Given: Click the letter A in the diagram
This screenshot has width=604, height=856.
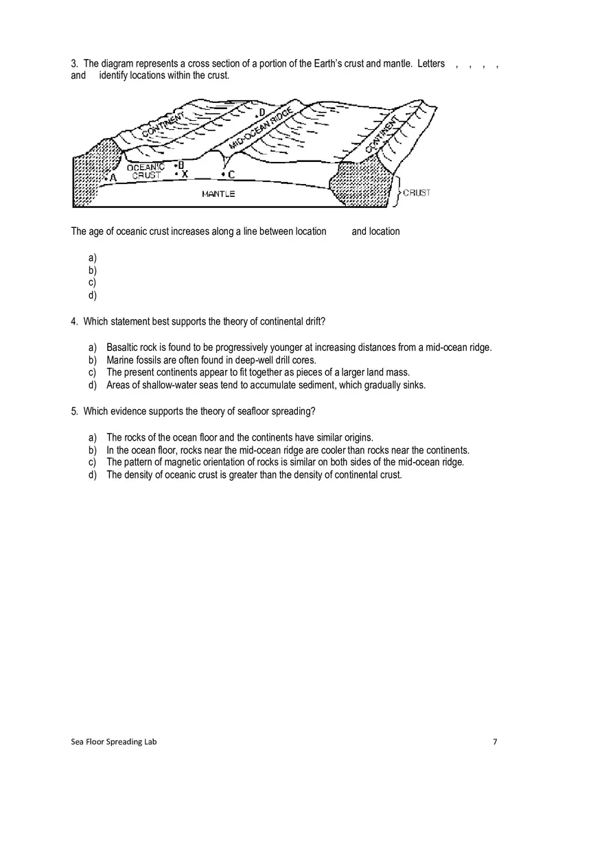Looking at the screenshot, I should point(113,178).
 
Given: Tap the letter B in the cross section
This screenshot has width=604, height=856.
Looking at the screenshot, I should point(181,165).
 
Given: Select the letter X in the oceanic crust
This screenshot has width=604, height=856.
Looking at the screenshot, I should point(185,175).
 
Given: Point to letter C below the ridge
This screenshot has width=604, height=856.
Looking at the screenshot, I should point(231,175).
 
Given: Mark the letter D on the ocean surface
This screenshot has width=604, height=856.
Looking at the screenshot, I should point(262,113).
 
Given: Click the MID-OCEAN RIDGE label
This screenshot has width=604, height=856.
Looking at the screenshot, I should point(261,128).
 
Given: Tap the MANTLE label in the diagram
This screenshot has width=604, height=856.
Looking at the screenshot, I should point(218,194).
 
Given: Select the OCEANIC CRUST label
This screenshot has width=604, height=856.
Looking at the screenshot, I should point(146,172).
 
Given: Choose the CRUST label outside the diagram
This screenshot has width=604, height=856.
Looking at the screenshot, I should point(417,193).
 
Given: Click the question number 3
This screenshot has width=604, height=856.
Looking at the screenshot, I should point(74,64).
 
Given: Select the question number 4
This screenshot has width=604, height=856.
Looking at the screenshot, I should point(74,321).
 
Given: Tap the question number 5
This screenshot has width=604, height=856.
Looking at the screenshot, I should point(74,411).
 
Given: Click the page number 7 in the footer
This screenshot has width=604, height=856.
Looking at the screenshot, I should point(495,741).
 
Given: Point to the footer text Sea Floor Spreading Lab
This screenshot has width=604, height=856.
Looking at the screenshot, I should point(113,741).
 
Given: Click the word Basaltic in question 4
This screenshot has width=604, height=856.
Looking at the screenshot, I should point(122,347).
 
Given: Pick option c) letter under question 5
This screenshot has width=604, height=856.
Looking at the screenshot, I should point(92,463).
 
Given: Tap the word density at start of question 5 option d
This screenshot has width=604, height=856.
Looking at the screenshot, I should point(138,475).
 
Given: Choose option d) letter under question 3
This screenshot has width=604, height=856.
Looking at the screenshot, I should point(92,295).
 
